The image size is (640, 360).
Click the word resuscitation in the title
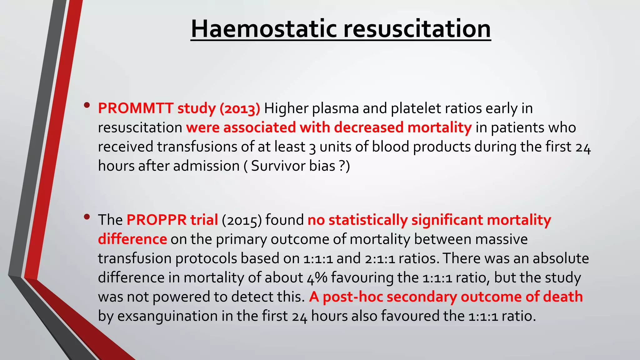coord(417,29)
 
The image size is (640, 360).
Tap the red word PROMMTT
coord(136,108)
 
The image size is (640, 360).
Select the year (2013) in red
coord(240,109)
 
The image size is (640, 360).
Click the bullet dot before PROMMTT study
coord(87,105)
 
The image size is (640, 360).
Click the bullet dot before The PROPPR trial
coord(87,217)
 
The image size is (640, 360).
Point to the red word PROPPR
coord(156,220)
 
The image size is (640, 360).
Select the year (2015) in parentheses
coord(242,220)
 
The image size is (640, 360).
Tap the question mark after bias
coord(342,166)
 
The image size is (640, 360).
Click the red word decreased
coord(369,127)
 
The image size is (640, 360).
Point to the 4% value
coord(317,278)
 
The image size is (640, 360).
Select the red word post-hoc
coord(353,297)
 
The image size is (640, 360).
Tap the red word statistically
coord(368,220)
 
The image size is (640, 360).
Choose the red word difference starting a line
coord(132,239)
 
